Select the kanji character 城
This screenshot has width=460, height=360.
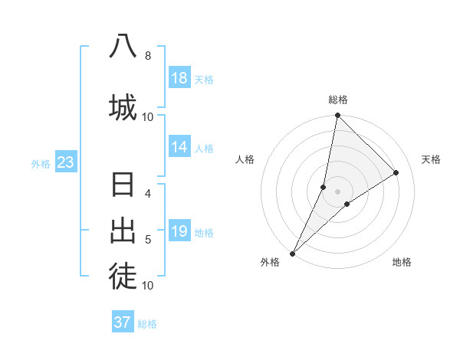tap(123, 106)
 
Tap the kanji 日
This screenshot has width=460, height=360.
tap(123, 185)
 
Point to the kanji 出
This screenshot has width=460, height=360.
tap(123, 231)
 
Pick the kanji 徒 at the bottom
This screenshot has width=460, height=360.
tap(123, 277)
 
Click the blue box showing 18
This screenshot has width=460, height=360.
tap(179, 78)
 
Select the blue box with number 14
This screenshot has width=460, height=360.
tap(179, 147)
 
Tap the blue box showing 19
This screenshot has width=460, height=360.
tap(179, 231)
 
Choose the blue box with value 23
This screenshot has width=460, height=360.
tap(65, 162)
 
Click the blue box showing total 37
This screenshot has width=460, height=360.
tap(123, 322)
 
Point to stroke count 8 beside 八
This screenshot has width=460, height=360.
tap(147, 56)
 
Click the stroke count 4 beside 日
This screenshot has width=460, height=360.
tap(147, 194)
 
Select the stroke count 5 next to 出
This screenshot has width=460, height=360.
tap(147, 240)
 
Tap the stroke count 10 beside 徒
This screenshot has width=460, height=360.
tap(147, 286)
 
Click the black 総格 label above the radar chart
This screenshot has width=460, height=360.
tap(338, 100)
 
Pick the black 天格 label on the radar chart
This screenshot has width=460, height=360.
tap(431, 159)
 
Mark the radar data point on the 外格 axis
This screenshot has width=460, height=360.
tap(292, 253)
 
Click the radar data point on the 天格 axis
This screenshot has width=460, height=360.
tap(396, 173)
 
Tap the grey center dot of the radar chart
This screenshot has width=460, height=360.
tap(338, 191)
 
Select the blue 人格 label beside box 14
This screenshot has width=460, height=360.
tap(204, 148)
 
